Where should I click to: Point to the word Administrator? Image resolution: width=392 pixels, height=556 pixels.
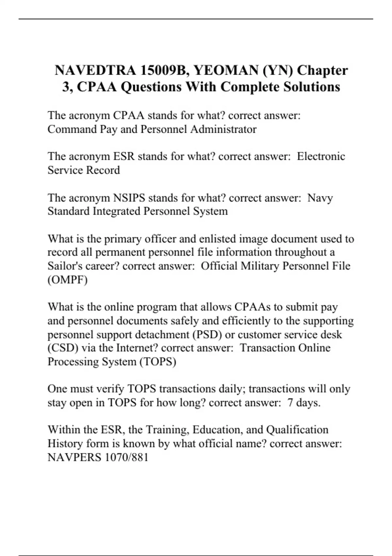[x=223, y=130]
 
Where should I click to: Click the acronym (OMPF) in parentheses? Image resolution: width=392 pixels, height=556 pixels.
[x=68, y=280]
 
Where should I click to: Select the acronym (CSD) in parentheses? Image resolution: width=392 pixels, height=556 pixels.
[x=63, y=348]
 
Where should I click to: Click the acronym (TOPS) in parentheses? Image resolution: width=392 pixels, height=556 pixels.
[x=158, y=362]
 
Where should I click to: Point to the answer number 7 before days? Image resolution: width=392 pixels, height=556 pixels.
[x=290, y=403]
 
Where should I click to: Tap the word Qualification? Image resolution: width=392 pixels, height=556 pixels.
[x=297, y=430]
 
